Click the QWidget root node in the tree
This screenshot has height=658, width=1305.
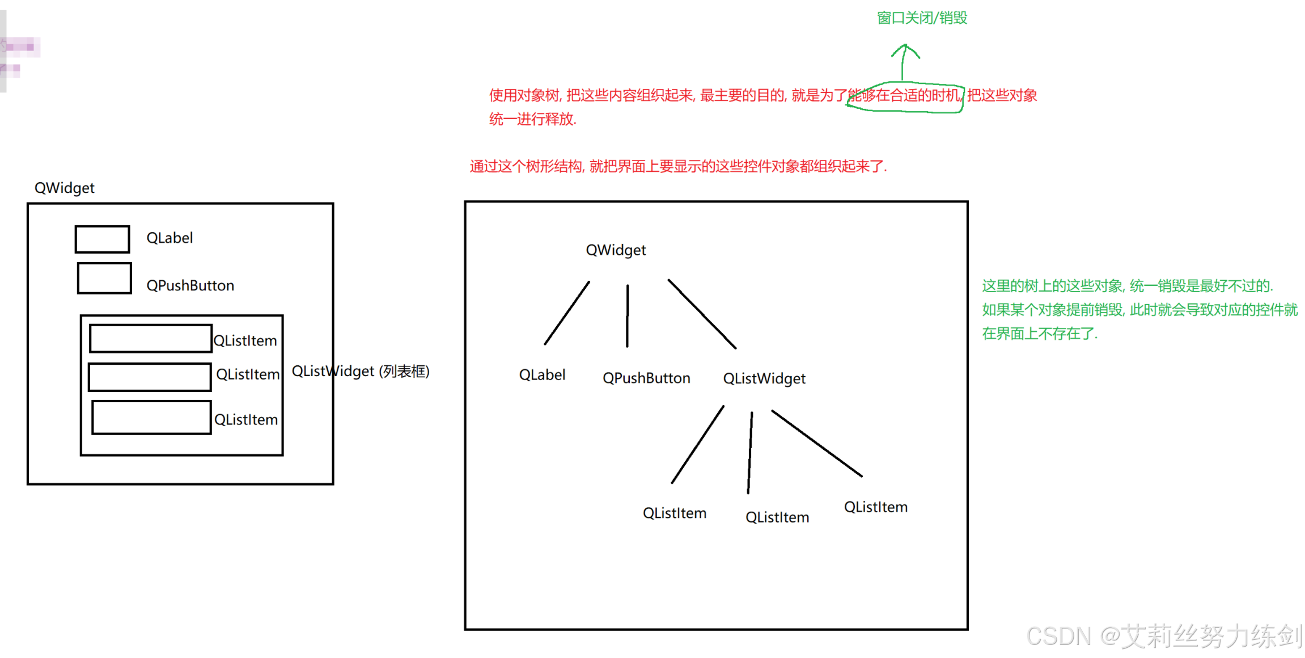click(x=616, y=250)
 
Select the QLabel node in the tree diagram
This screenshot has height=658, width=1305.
click(x=542, y=375)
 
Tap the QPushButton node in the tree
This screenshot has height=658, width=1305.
click(x=646, y=378)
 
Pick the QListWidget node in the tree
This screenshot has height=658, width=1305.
click(x=764, y=378)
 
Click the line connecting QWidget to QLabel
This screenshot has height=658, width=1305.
click(x=567, y=313)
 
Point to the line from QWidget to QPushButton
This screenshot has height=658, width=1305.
click(x=627, y=315)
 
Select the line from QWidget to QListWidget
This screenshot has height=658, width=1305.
click(x=702, y=314)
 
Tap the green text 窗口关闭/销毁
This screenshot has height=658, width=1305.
click(x=922, y=18)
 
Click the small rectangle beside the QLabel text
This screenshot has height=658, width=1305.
click(x=102, y=239)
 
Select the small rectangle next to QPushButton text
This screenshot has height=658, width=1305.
click(x=104, y=278)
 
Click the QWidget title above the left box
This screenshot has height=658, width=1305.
click(x=64, y=188)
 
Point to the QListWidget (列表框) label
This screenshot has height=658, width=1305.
click(x=361, y=372)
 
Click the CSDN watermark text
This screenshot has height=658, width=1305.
click(x=1164, y=636)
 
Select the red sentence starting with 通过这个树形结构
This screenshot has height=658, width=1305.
click(x=678, y=166)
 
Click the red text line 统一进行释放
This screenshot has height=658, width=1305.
click(x=532, y=119)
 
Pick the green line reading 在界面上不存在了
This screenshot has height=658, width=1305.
click(x=1040, y=334)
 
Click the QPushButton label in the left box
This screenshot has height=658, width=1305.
click(x=190, y=285)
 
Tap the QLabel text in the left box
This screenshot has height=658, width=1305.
click(x=170, y=238)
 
